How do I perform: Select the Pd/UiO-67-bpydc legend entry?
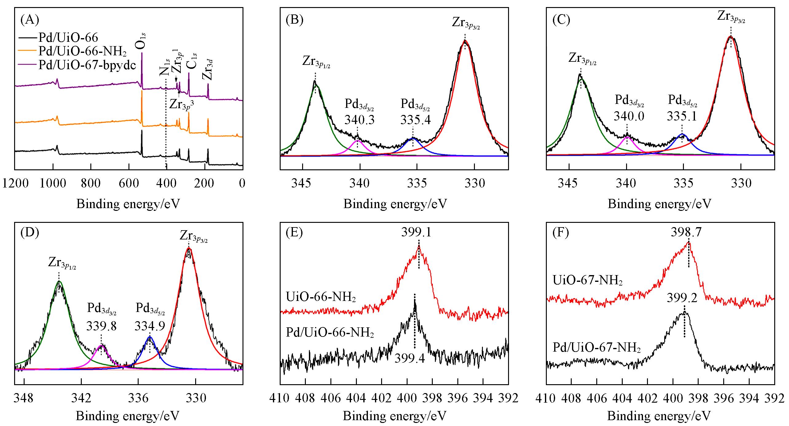tap(87, 65)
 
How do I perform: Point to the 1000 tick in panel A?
tap(53, 183)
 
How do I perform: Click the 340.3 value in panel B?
tap(359, 120)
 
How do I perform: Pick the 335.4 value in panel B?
tap(415, 120)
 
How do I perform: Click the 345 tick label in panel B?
tap(302, 183)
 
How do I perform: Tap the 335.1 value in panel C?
tap(682, 116)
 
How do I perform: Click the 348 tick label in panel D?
tap(24, 398)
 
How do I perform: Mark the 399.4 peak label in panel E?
tap(410, 358)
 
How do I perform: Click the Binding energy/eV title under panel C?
tap(659, 204)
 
